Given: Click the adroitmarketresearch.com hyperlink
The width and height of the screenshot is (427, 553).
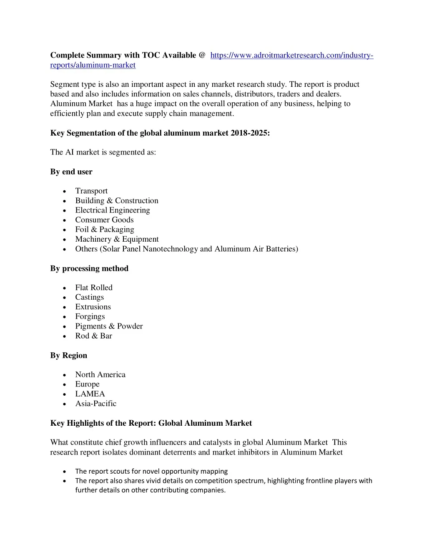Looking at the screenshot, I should [291, 56].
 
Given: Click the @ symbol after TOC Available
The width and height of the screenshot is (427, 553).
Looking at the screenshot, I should [202, 55].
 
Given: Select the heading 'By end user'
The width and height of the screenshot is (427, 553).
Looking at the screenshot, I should [71, 172].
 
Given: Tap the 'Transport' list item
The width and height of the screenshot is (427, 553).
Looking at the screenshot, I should [91, 191].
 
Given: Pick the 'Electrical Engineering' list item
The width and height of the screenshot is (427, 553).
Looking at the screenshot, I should [112, 210].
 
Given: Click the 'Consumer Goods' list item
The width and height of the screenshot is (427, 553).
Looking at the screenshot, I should [104, 220].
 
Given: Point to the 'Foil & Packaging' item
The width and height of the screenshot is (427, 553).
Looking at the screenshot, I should [104, 229].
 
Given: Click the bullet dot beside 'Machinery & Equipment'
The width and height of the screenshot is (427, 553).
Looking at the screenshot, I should [65, 240].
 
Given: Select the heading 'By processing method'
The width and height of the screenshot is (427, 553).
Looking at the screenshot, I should [89, 268].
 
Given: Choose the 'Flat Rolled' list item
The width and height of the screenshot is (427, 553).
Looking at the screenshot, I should [94, 287].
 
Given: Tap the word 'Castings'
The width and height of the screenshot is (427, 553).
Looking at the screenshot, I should [89, 297].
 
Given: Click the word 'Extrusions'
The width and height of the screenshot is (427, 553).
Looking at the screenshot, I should [93, 307].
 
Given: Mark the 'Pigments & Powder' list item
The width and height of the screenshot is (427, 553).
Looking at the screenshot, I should [109, 326].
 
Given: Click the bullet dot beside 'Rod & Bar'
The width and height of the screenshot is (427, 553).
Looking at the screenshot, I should [65, 336].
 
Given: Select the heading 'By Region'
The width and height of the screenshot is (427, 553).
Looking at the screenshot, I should [69, 355].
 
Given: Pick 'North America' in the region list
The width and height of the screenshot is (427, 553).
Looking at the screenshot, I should [100, 374].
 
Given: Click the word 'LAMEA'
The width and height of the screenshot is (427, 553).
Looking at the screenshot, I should [90, 394].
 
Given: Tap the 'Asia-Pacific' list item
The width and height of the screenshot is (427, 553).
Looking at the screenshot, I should [95, 403].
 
